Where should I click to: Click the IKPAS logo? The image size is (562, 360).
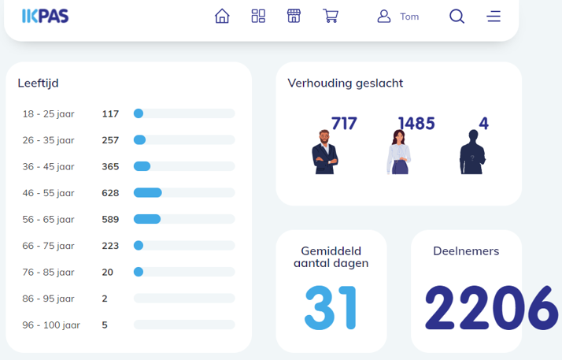coord(45,16)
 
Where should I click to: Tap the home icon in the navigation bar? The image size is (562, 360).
coord(222,16)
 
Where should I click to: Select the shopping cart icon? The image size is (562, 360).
coord(331,16)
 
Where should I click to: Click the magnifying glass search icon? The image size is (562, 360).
coord(457,16)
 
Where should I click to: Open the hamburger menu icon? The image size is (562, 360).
coord(494,16)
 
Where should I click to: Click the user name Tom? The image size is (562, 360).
coord(409,17)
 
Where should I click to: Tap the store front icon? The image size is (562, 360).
coord(294,16)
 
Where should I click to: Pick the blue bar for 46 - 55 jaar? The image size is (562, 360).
coord(148,193)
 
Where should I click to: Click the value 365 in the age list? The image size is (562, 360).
coord(110,167)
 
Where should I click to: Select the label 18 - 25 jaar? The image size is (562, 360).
coord(48,114)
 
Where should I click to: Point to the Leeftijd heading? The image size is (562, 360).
coord(38,84)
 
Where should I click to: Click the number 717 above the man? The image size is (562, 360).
coord(344,124)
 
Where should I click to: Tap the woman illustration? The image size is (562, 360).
coord(398,152)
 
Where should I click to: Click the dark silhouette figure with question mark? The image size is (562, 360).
coord(472,152)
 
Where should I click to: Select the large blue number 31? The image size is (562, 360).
coord(330,308)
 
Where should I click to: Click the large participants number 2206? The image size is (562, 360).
coord(492,308)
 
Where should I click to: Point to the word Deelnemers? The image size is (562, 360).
coord(466,251)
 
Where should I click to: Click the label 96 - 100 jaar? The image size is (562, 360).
coord(51,325)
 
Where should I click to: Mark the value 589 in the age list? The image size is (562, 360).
coord(110,220)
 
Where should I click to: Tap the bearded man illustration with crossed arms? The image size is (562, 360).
coord(325,152)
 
